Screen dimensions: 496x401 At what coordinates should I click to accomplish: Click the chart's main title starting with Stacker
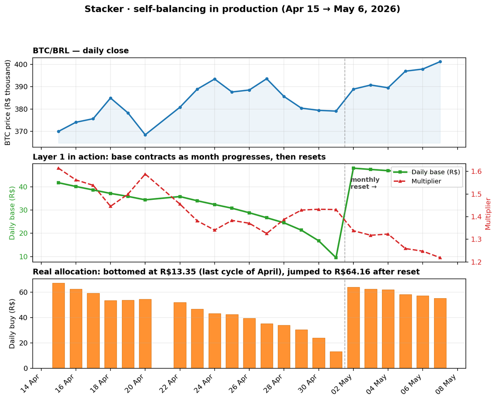pos(242,9)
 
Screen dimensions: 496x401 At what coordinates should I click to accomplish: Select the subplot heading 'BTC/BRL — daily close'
pos(81,50)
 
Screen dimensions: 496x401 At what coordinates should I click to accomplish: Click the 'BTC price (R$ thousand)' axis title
pos(8,102)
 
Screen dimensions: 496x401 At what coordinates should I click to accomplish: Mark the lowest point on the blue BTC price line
pos(145,135)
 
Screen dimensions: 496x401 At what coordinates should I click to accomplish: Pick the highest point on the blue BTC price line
pos(440,62)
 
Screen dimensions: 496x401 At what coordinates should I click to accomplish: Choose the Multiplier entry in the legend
pos(417,181)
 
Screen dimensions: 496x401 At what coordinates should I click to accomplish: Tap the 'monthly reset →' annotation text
pos(365,183)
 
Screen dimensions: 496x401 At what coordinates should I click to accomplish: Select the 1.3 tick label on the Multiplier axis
pos(476,240)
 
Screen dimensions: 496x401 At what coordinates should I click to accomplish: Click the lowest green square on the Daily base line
pos(336,257)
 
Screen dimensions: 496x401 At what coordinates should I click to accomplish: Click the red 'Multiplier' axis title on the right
pos(488,214)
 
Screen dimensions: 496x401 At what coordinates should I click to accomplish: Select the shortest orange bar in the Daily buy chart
pos(336,360)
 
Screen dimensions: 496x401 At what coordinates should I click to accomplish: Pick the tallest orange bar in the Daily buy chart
pos(58,326)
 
